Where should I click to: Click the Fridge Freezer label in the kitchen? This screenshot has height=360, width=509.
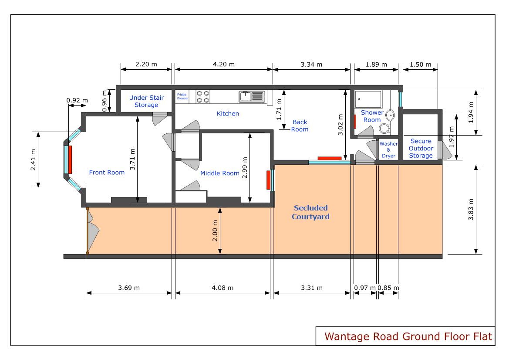(182, 96)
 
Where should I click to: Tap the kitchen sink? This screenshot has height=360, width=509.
(252, 96)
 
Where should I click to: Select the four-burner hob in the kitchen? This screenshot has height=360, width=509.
(203, 96)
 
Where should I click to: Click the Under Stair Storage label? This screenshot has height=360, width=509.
(143, 101)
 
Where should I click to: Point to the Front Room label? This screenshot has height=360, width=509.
(107, 173)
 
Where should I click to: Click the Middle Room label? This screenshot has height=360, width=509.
(220, 173)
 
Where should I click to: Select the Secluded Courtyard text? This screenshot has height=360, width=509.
(310, 212)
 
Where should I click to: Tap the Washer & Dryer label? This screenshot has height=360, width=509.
(388, 149)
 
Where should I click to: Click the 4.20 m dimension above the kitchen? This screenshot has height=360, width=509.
(223, 65)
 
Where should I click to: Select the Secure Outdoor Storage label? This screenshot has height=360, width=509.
(421, 148)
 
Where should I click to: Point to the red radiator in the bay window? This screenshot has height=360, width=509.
(70, 160)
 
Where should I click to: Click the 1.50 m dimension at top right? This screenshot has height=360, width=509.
(421, 65)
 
